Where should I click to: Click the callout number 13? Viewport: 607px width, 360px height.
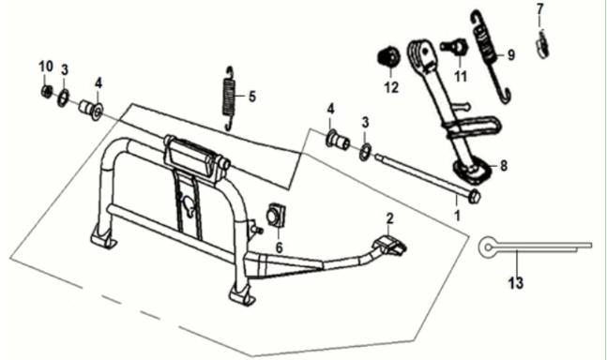516,283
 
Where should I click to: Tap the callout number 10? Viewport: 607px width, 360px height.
46,67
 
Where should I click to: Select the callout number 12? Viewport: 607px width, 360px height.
391,87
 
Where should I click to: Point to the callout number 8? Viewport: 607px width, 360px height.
503,166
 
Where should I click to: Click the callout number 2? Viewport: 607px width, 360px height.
389,218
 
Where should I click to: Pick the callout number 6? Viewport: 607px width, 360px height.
280,247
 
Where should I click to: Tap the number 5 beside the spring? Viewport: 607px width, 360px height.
252,97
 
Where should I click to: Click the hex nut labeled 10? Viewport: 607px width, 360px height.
47,92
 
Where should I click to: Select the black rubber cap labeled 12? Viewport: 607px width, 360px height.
388,57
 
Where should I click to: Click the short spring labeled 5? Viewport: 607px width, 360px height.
229,98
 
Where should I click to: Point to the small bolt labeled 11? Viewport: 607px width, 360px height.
455,47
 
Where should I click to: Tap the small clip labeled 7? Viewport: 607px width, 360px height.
542,44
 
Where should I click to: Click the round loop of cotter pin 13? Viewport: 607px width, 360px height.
488,247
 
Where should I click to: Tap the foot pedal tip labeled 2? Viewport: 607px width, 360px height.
389,246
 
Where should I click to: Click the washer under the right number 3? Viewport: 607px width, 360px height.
366,152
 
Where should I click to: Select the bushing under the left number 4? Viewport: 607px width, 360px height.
91,110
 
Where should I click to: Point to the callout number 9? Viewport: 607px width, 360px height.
511,55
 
